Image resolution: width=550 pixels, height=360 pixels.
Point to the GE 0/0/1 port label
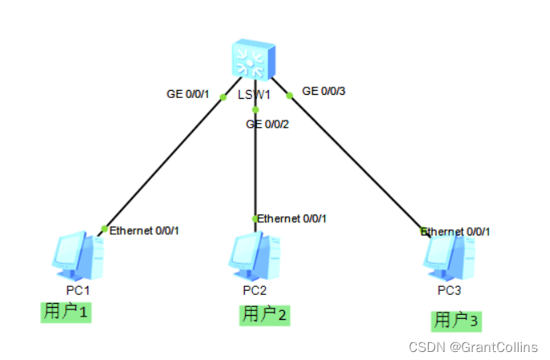pos(187,94)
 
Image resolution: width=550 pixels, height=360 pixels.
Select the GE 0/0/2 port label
pos(267,124)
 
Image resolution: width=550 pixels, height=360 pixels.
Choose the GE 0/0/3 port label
pos(324,91)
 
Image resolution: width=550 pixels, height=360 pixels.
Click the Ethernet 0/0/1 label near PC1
pos(145,231)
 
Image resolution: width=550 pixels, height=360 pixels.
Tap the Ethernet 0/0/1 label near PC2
pos(292,218)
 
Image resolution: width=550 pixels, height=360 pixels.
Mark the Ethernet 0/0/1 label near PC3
pos(456,231)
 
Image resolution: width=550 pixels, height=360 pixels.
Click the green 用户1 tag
pos(67,311)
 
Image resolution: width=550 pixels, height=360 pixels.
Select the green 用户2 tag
pos(264,314)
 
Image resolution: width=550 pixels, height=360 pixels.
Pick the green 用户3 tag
pos(457,321)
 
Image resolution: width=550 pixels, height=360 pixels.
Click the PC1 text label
pos(78,289)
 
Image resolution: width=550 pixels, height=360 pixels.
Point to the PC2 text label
pos(255,290)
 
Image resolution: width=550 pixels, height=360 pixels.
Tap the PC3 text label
pos(447,289)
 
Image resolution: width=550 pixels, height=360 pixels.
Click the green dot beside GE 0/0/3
pos(290,95)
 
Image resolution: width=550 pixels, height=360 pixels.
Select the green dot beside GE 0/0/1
pos(223,97)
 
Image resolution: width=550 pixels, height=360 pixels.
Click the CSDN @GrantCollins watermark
pos(473,346)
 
